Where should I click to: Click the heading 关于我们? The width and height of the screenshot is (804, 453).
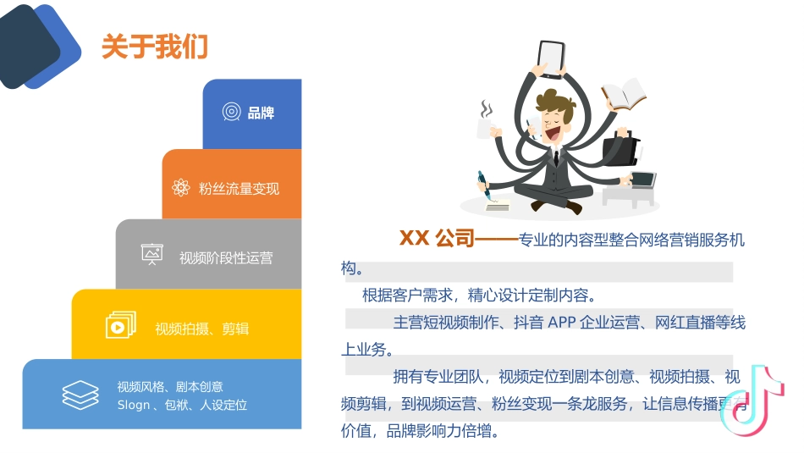155,47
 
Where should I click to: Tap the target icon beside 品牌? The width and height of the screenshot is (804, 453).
231,112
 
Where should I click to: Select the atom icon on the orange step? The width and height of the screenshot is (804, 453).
180,188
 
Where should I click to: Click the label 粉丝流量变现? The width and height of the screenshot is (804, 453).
239,189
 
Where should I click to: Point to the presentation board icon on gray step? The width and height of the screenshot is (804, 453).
152,255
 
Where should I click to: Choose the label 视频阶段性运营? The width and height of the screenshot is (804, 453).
226,258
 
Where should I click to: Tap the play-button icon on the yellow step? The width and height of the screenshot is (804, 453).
119,325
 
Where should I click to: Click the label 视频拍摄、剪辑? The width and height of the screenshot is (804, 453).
201,329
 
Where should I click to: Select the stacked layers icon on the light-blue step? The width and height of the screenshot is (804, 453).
80,395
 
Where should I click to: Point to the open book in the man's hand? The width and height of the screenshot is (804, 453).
624,94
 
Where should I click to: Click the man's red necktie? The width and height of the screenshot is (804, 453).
556,158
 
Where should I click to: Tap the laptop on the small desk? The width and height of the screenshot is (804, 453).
642,180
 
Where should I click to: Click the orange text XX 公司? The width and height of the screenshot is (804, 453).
437,239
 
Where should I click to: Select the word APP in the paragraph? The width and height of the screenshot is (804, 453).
562,323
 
